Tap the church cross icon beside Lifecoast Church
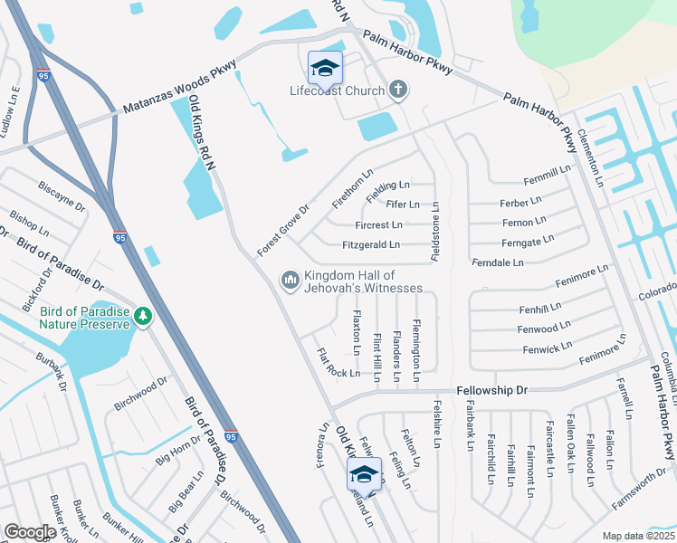(x=396, y=89)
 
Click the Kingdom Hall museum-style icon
(x=291, y=281)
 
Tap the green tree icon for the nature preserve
(x=142, y=316)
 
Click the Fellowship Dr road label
(x=491, y=390)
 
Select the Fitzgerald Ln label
(x=371, y=244)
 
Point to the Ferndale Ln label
(x=498, y=262)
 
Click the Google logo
(x=31, y=531)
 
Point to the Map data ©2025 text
(x=637, y=536)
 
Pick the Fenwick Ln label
(x=547, y=345)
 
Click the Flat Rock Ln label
(x=338, y=364)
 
